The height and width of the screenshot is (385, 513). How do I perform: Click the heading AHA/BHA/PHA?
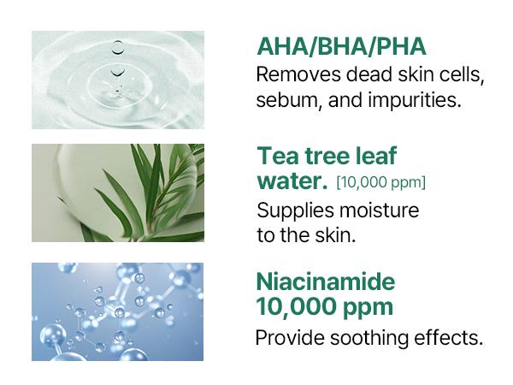341,47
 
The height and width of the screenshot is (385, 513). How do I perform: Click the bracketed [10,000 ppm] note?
380,182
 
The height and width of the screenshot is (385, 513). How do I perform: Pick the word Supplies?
292,210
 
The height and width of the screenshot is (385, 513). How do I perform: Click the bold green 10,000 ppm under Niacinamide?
325,305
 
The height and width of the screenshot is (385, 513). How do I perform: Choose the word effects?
451,337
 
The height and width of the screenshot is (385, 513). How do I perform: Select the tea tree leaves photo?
118,192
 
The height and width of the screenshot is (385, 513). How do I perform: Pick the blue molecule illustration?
118,311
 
